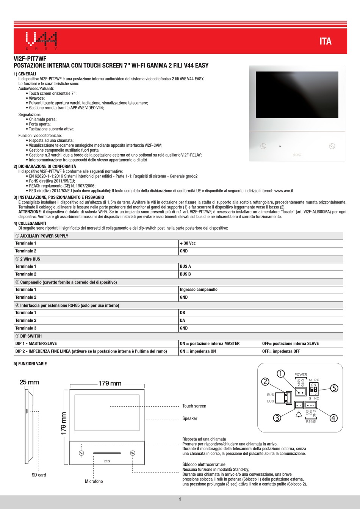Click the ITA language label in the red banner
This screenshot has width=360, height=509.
tap(325, 41)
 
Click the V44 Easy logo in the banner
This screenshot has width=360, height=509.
tap(41, 41)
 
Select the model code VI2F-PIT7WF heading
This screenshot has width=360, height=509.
tap(30, 59)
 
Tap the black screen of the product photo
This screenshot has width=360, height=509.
tap(297, 95)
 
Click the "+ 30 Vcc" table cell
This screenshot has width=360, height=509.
tap(188, 243)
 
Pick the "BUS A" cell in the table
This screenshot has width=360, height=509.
tap(185, 266)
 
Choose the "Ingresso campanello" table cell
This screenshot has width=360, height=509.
tap(199, 290)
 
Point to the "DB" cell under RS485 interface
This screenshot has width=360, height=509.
tap(183, 313)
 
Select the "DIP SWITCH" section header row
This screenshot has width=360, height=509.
tap(29, 336)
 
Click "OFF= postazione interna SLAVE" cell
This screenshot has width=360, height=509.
tap(290, 344)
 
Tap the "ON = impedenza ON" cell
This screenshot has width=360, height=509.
tap(198, 351)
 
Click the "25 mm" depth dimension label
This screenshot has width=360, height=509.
tap(29, 382)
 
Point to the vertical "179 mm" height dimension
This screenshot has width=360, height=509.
tap(63, 423)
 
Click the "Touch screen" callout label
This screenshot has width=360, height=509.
tap(194, 406)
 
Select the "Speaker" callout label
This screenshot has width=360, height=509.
tap(190, 418)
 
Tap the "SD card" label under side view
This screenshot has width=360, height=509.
tap(39, 475)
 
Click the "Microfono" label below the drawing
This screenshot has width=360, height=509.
tap(94, 481)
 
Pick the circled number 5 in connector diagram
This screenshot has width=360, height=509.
tap(333, 388)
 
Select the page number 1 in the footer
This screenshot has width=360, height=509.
tap(180, 500)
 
